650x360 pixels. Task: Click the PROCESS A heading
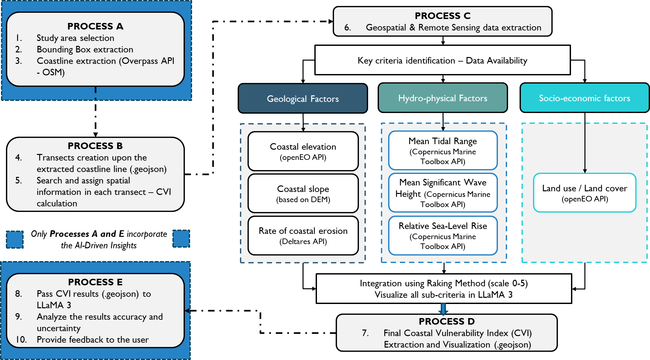[x=95, y=26]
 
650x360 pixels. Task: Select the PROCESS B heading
[x=95, y=146]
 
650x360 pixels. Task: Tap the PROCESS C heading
[x=443, y=16]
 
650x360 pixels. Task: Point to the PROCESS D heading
[x=446, y=321]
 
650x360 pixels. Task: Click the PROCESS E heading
[x=95, y=282]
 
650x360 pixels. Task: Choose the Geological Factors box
[x=303, y=99]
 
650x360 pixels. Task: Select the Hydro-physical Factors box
[x=443, y=98]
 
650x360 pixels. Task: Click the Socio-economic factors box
[x=584, y=98]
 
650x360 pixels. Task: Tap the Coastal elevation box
[x=303, y=151]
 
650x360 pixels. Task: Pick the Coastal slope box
[x=303, y=194]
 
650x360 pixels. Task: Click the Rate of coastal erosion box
[x=303, y=236]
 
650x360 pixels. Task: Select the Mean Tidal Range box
[x=443, y=151]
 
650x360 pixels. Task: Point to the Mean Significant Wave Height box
[x=443, y=193]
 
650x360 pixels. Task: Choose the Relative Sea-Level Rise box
[x=443, y=236]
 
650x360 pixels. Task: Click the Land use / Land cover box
[x=584, y=193]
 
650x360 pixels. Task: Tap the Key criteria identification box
[x=443, y=60]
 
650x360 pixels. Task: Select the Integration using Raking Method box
[x=443, y=289]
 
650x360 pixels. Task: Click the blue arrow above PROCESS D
[x=443, y=309]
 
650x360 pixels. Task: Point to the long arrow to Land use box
[x=585, y=147]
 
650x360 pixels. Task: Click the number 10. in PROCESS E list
[x=21, y=340]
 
